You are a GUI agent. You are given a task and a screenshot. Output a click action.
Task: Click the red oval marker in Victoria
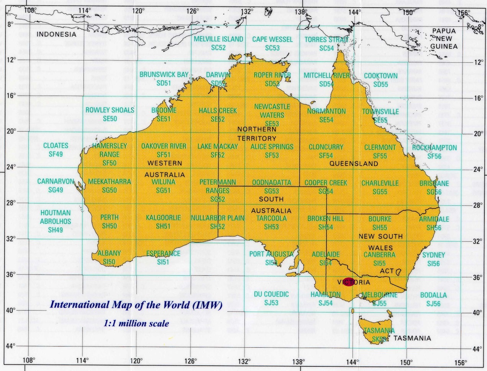pos(349,282)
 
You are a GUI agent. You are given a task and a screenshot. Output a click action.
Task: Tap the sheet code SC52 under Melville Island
pos(218,48)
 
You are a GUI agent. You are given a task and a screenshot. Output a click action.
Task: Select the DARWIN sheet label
pos(218,75)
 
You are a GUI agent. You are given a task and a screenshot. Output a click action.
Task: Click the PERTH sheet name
pos(110,217)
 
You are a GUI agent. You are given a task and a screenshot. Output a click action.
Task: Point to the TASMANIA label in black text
pos(412,338)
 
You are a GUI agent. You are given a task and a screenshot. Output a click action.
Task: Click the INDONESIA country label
pos(56,34)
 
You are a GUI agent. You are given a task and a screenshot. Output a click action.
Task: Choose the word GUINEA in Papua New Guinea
pos(444,46)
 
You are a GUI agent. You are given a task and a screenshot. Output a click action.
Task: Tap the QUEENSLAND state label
pos(354,164)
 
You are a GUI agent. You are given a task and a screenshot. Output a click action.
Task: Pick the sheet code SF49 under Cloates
pos(56,154)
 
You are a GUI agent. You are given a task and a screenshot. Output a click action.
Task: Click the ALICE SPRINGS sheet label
pos(272,147)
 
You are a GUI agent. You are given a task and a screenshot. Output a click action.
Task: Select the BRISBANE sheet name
pos(434,184)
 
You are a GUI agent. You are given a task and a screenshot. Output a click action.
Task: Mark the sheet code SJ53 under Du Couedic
pos(271,303)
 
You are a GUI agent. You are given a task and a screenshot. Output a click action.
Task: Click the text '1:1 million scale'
pos(136,323)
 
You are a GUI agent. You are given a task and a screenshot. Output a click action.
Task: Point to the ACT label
pos(387,271)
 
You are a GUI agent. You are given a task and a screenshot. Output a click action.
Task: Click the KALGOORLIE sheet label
pos(163,218)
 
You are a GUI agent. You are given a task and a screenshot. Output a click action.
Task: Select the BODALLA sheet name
pos(433,295)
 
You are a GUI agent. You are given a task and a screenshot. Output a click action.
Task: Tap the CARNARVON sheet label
pos(56,181)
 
